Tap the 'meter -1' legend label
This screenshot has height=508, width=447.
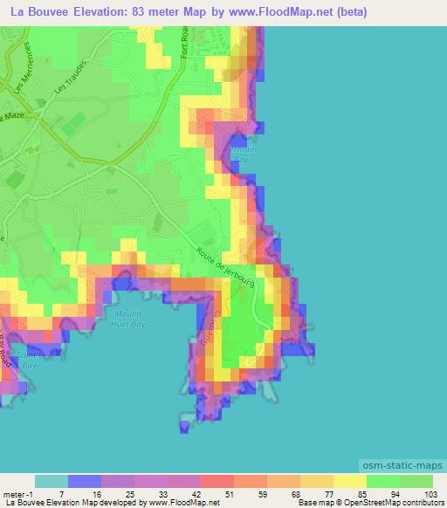coord(18,494)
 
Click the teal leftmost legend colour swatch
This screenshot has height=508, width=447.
coord(52,481)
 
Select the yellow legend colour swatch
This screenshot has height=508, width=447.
coord(350,481)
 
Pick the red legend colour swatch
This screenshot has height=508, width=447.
coord(217,481)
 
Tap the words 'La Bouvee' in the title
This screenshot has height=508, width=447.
coord(43,12)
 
